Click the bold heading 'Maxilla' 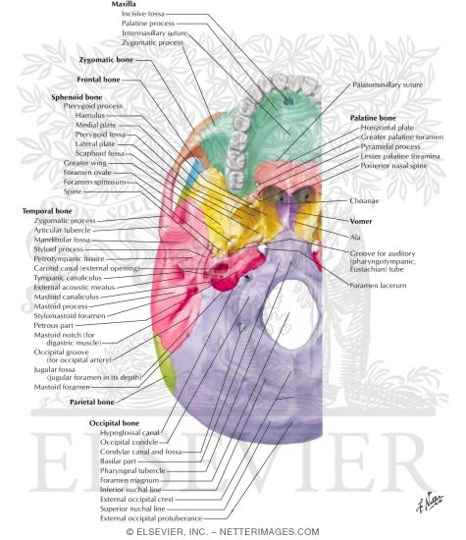pyautogui.click(x=124, y=4)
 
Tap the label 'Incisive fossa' pyautogui.click(x=143, y=14)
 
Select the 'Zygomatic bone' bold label pyautogui.click(x=106, y=60)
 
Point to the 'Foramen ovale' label pyautogui.click(x=87, y=172)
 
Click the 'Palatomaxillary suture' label pyautogui.click(x=388, y=84)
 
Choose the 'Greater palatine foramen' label pyautogui.click(x=402, y=137)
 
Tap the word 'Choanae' pyautogui.click(x=364, y=200)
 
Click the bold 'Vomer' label pyautogui.click(x=361, y=221)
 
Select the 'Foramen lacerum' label pyautogui.click(x=378, y=286)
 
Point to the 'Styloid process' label pyautogui.click(x=59, y=249)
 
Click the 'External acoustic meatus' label pyautogui.click(x=74, y=288)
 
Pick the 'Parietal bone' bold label pyautogui.click(x=92, y=402)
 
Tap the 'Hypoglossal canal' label pyautogui.click(x=129, y=433)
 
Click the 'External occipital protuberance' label pyautogui.click(x=151, y=518)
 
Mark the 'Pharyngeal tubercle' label pyautogui.click(x=132, y=470)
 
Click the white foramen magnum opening pyautogui.click(x=290, y=314)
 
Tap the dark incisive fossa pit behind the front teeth pyautogui.click(x=288, y=101)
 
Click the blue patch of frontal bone pyautogui.click(x=195, y=172)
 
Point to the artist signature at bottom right pyautogui.click(x=430, y=503)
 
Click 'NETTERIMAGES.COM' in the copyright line pyautogui.click(x=269, y=532)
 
